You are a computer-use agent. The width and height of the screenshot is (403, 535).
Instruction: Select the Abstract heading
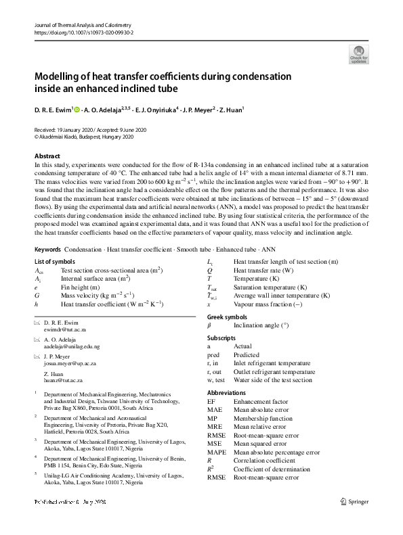(x=47, y=156)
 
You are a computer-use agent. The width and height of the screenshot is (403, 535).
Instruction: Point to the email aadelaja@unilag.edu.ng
(x=71, y=346)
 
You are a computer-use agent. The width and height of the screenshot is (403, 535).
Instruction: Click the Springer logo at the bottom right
(x=354, y=501)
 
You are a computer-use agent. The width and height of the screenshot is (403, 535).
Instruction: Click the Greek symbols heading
(x=227, y=316)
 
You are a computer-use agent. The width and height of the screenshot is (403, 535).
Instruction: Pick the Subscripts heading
(x=222, y=337)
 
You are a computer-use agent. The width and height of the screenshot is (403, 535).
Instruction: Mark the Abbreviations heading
(x=227, y=392)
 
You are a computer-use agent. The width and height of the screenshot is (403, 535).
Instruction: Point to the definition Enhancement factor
(x=260, y=401)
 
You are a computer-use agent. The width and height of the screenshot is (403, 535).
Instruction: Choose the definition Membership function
(x=263, y=418)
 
